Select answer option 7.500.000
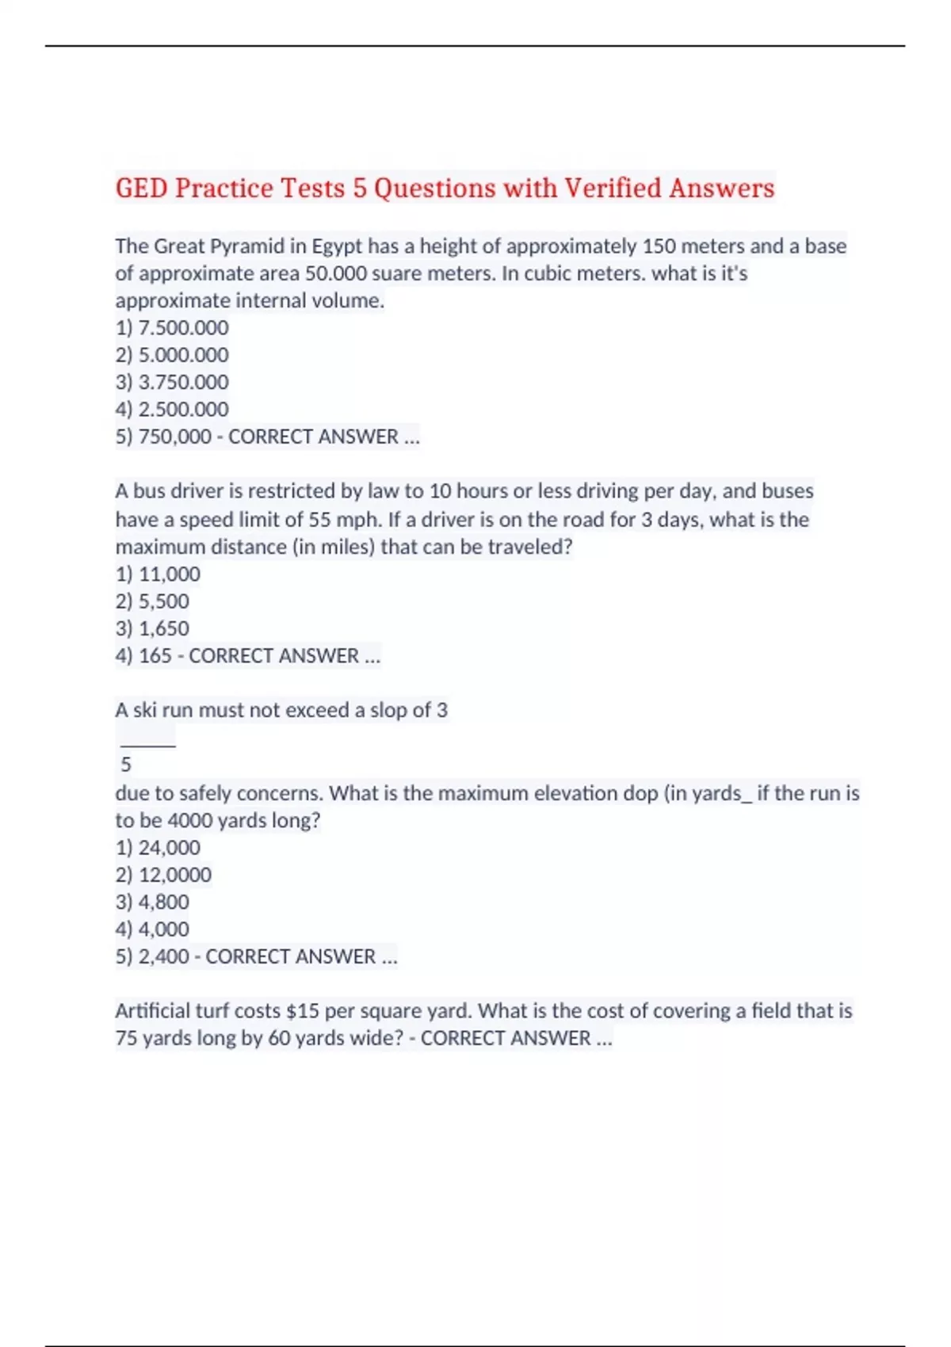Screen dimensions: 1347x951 (183, 328)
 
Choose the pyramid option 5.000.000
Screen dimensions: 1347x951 (183, 355)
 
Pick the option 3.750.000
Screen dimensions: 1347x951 (183, 382)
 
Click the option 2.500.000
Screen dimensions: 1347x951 (183, 410)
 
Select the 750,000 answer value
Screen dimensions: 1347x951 (174, 437)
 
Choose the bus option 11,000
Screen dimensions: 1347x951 (169, 574)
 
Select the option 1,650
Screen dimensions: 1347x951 (163, 628)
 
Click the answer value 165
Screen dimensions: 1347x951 (155, 656)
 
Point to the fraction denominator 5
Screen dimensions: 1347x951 (126, 765)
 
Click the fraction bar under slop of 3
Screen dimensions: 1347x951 (147, 746)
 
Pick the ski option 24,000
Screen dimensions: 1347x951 (169, 848)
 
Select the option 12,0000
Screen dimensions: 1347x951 (174, 875)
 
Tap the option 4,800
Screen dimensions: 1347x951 (163, 902)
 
